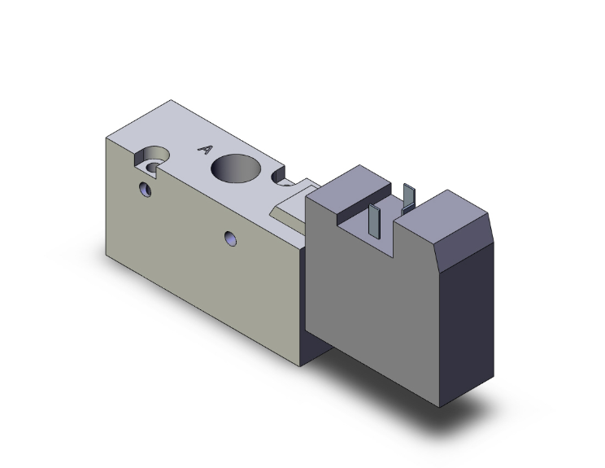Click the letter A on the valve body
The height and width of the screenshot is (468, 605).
click(x=206, y=150)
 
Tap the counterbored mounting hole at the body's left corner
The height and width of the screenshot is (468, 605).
click(x=153, y=160)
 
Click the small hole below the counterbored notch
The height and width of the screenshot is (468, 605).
click(x=146, y=190)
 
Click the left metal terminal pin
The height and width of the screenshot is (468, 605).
click(x=374, y=216)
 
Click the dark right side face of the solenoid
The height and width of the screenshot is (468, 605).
click(x=470, y=326)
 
